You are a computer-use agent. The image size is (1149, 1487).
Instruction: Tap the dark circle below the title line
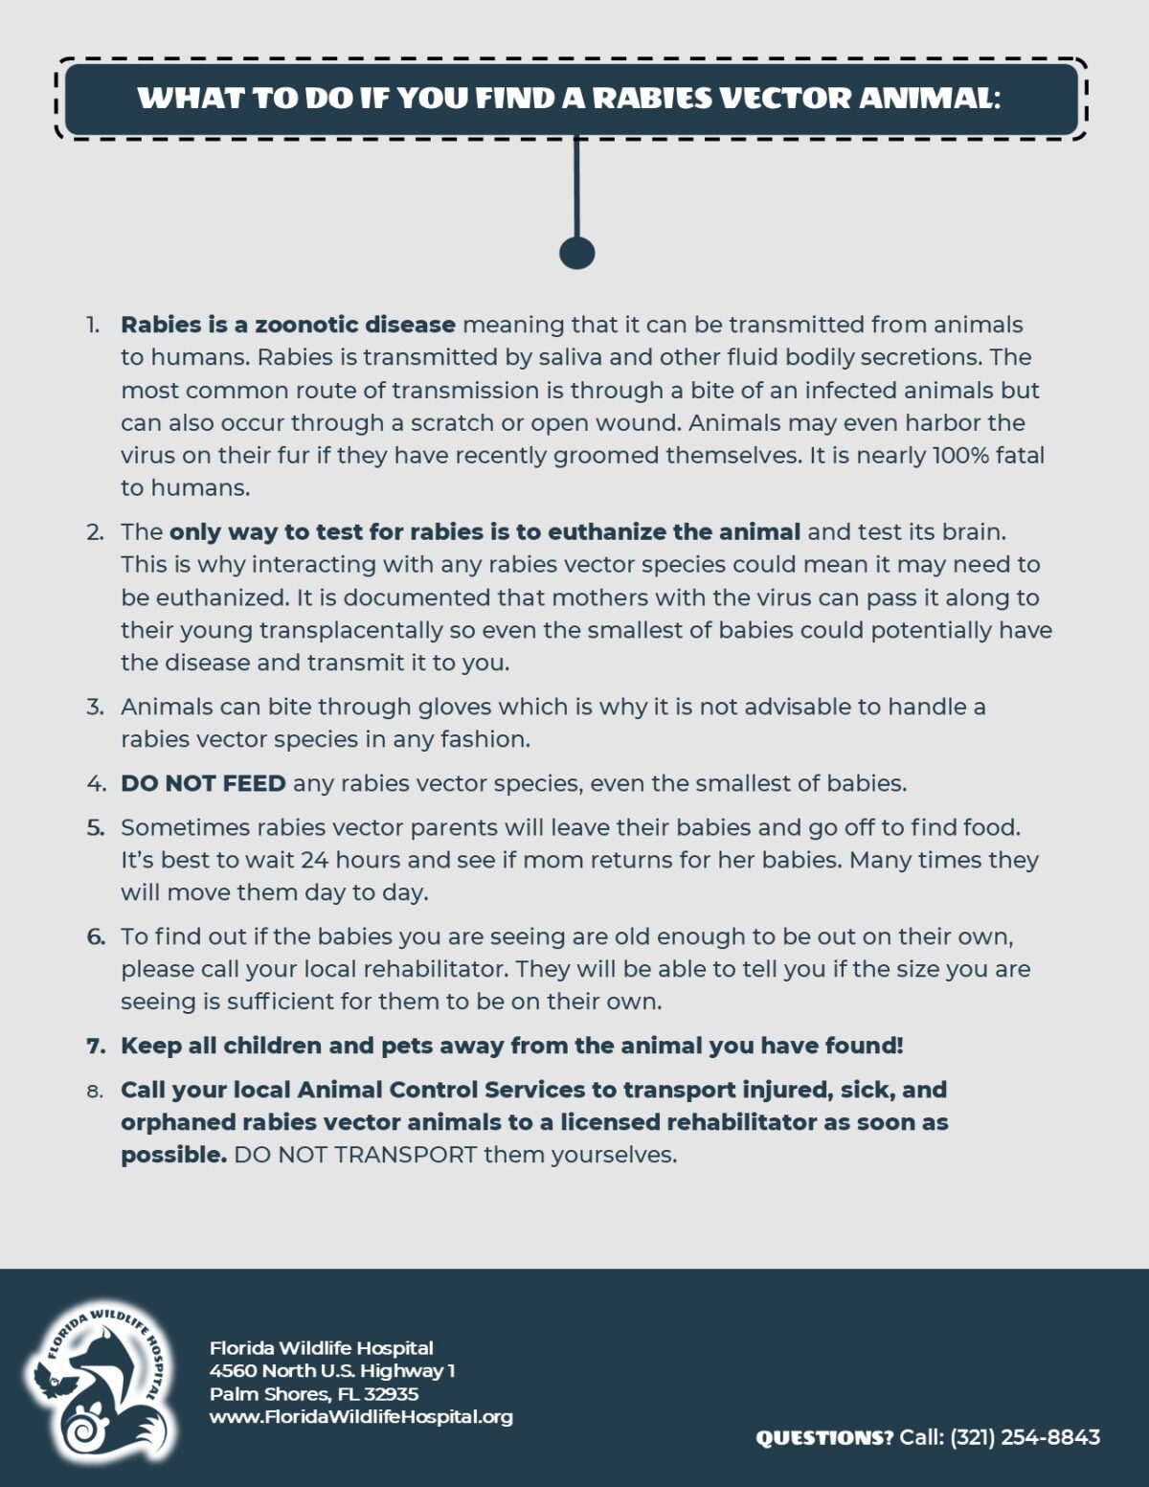point(576,253)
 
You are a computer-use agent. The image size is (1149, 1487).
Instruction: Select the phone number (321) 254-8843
point(1025,1437)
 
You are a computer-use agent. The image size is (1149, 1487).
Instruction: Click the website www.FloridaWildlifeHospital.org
point(361,1416)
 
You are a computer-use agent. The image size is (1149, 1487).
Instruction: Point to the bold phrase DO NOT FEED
point(203,783)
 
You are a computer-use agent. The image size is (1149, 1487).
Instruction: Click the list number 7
point(96,1046)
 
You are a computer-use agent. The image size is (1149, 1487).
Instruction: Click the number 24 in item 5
point(315,860)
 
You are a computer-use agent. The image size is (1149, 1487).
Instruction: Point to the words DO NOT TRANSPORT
point(355,1155)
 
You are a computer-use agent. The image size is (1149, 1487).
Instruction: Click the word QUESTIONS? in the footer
point(824,1437)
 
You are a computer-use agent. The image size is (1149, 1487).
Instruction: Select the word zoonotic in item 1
point(306,325)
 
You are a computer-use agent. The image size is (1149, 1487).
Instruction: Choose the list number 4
point(96,783)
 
